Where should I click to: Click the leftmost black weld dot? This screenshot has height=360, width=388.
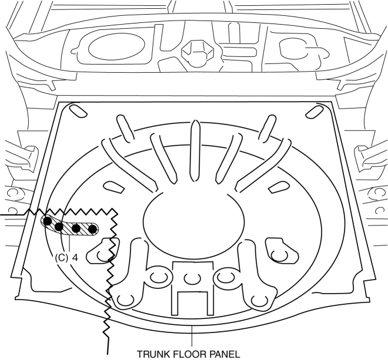click(x=46, y=221)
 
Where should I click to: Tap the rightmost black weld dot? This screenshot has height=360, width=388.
click(x=92, y=228)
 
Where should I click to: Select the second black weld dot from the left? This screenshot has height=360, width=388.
click(x=59, y=227)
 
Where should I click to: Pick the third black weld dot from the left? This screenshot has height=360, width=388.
click(x=76, y=228)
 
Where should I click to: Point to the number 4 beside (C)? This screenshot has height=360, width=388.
click(x=75, y=257)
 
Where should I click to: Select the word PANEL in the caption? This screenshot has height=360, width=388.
click(x=225, y=354)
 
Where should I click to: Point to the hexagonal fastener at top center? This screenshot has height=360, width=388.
click(x=194, y=53)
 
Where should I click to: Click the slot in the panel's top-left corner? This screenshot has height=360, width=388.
click(x=76, y=110)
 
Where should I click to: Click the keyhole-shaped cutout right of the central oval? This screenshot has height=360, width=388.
click(x=276, y=250)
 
